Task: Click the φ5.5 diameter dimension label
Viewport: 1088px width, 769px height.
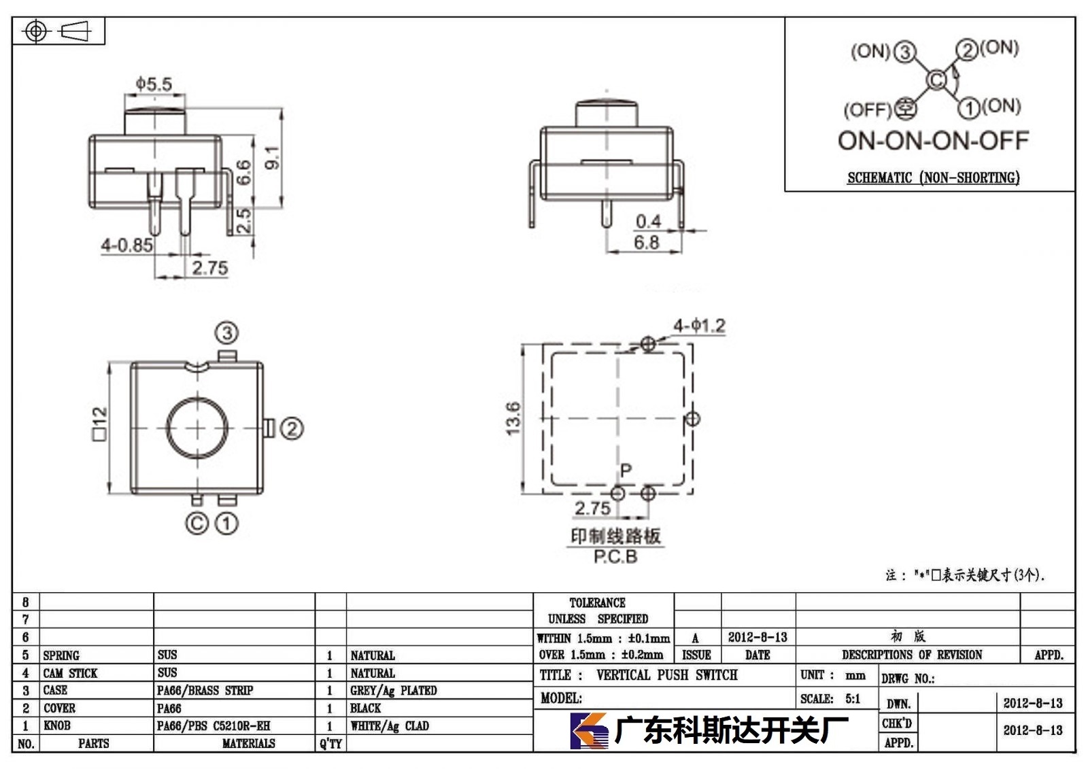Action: pos(154,84)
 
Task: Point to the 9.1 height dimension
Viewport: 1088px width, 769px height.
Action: pos(273,157)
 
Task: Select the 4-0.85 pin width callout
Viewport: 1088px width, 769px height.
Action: pos(126,245)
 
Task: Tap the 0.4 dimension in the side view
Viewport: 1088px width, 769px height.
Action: pos(649,222)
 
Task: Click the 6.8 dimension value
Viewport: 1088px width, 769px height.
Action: pos(647,242)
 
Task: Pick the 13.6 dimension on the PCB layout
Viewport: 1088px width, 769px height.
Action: pos(513,418)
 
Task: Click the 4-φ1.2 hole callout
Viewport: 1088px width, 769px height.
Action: pos(700,326)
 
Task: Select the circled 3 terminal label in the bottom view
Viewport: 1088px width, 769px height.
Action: pos(227,333)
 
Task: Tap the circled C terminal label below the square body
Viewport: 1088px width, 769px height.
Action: pos(197,523)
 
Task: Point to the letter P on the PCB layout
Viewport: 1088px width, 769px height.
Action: pos(626,470)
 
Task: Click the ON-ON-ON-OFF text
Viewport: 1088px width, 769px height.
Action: pos(933,140)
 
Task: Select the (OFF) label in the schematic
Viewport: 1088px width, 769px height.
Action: pos(868,109)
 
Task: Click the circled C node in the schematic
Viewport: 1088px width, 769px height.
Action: pos(936,80)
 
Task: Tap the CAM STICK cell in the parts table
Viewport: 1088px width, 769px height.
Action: pos(70,673)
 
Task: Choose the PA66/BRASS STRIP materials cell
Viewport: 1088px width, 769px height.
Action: pos(205,690)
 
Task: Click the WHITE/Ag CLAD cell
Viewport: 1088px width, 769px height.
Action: pos(390,725)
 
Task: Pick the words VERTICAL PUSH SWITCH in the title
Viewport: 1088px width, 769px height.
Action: pos(667,674)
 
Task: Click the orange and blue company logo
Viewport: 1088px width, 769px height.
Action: pos(589,731)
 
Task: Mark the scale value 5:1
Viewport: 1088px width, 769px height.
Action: pos(853,698)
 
